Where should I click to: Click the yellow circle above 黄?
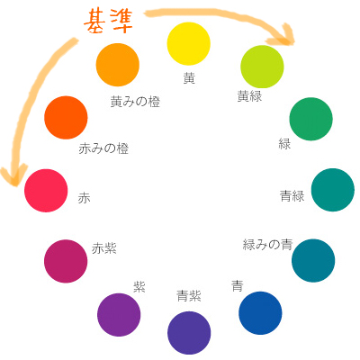pyautogui.click(x=188, y=43)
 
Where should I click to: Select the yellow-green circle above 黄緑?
pyautogui.click(x=262, y=67)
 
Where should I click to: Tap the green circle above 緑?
pyautogui.click(x=310, y=119)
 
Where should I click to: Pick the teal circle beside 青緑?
pyautogui.click(x=333, y=190)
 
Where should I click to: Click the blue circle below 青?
pyautogui.click(x=260, y=313)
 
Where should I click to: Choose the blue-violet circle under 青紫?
pyautogui.click(x=189, y=333)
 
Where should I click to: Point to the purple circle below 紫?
pyautogui.click(x=119, y=315)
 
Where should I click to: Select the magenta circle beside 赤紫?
pyautogui.click(x=66, y=261)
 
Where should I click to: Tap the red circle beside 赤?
pyautogui.click(x=46, y=191)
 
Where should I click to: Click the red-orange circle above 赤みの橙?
pyautogui.click(x=66, y=118)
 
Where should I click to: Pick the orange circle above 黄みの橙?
pyautogui.click(x=118, y=65)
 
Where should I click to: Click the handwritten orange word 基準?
pyautogui.click(x=108, y=22)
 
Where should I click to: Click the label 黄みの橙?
pyautogui.click(x=135, y=102)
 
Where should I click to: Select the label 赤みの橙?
pyautogui.click(x=103, y=148)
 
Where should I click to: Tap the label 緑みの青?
pyautogui.click(x=267, y=245)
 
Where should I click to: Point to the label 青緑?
pyautogui.click(x=292, y=196)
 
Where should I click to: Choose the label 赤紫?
pyautogui.click(x=104, y=248)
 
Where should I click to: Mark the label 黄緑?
pyautogui.click(x=249, y=96)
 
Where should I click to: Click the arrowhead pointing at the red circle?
pyautogui.click(x=14, y=175)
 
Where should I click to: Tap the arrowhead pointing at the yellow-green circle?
pyautogui.click(x=282, y=35)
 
